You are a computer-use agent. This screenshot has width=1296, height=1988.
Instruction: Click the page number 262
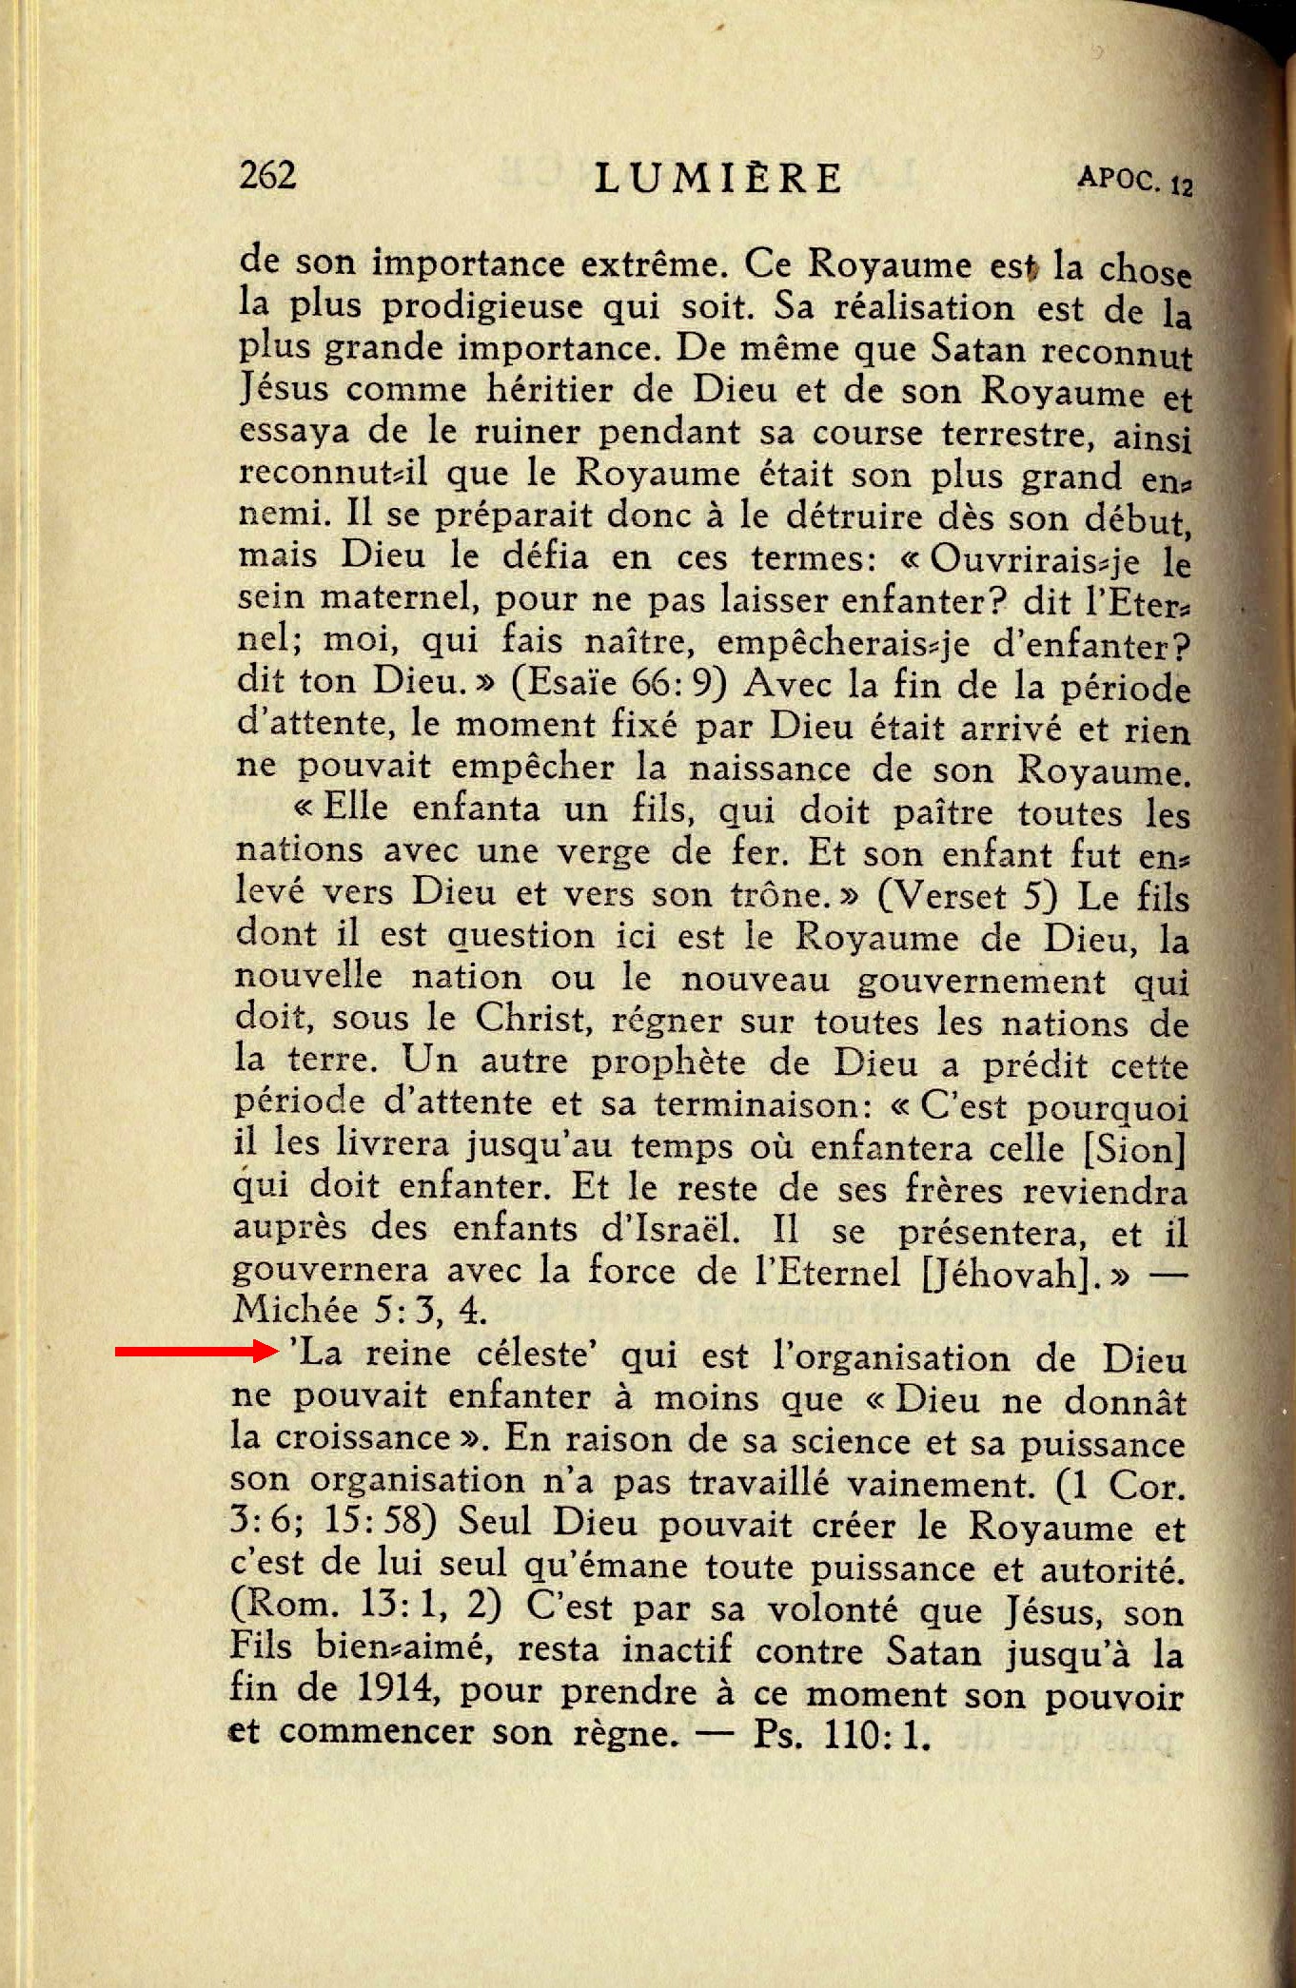(267, 175)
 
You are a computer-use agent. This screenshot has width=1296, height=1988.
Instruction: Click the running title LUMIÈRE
(718, 178)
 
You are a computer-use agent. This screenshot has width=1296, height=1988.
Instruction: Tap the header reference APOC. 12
(1134, 180)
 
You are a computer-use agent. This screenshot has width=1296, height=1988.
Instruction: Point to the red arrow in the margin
(195, 1351)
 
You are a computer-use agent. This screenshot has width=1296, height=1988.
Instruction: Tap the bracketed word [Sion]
(1134, 1149)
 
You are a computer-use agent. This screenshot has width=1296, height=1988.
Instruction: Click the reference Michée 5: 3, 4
(360, 1311)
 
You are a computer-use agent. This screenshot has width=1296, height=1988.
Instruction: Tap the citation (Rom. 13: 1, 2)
(365, 1606)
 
